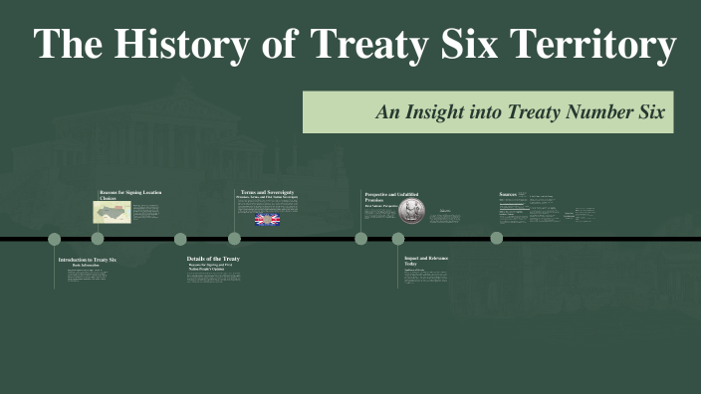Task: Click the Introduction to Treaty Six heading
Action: (87, 259)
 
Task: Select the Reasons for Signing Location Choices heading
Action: (129, 194)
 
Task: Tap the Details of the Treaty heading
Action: (213, 259)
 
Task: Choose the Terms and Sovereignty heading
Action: (267, 191)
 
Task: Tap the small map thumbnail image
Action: (112, 211)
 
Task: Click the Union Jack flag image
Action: (268, 219)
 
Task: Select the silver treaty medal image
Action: (412, 211)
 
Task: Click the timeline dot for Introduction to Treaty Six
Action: (55, 239)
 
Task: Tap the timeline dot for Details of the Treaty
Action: (180, 239)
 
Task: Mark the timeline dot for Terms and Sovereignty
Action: (234, 239)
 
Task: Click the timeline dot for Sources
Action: (496, 239)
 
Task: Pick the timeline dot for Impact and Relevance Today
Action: (398, 239)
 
